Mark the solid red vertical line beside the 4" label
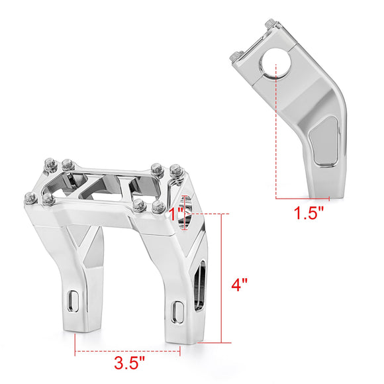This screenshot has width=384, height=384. click(x=229, y=278)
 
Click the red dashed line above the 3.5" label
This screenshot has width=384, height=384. click(x=128, y=352)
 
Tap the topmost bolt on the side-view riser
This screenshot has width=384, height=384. click(x=270, y=25)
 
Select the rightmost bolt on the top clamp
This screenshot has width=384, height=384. click(x=175, y=171)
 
